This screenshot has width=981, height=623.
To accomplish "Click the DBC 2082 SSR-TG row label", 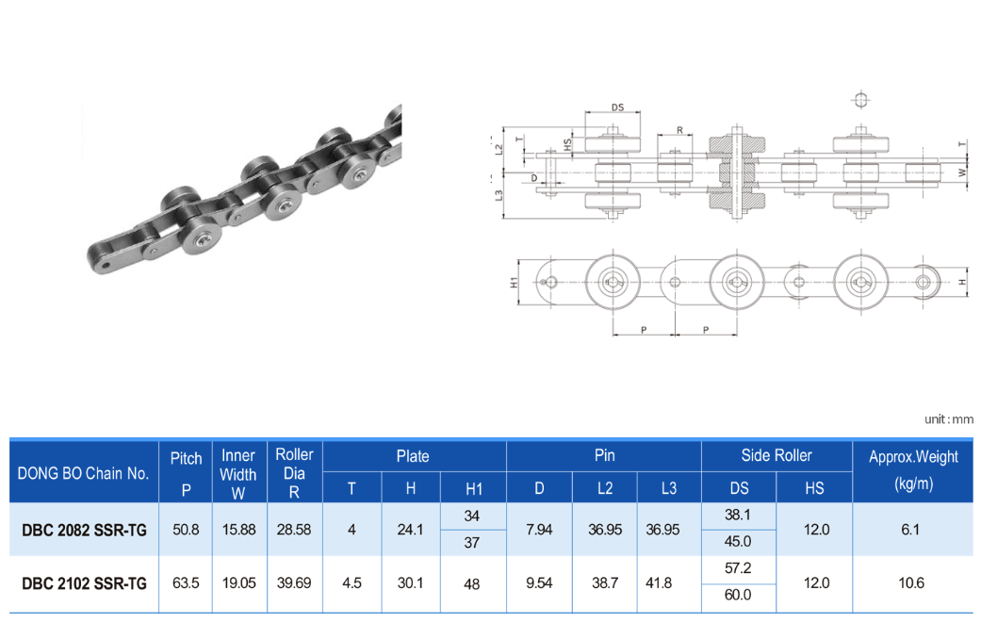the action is point(84,531).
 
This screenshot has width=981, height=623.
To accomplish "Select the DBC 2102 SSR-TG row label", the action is point(84,583).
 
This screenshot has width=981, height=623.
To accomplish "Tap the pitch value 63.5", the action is point(186,583).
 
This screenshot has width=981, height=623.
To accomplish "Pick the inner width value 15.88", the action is point(239,530).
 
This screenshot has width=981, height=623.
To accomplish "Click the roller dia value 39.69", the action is point(294,583).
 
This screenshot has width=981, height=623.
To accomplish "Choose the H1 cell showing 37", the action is point(472,542).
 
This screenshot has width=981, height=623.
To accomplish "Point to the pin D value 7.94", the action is point(539,530).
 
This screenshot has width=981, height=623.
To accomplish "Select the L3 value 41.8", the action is point(659,583).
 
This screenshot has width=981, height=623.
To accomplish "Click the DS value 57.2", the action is point(738,568).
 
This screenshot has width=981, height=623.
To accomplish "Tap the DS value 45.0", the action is point(738,541).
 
